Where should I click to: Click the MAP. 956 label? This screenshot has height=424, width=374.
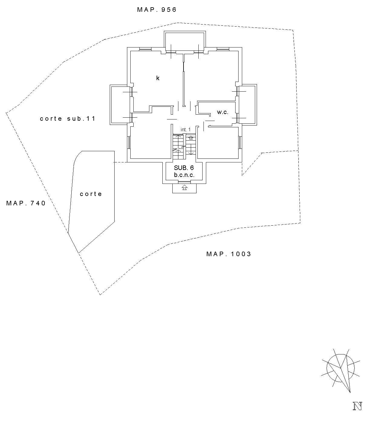click(157, 10)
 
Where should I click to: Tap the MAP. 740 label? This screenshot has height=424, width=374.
click(26, 203)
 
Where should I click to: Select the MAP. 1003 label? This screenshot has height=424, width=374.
click(229, 254)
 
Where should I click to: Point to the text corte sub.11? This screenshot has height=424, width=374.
click(68, 119)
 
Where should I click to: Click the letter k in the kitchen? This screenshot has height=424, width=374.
click(158, 78)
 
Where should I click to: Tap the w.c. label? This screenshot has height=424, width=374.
click(223, 112)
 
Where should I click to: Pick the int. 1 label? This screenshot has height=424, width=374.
click(186, 130)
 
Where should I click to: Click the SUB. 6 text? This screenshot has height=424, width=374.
click(184, 168)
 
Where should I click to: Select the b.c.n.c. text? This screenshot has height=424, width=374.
click(184, 175)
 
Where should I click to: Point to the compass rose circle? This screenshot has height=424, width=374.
click(340, 368)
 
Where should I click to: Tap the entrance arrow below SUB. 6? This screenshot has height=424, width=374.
click(184, 187)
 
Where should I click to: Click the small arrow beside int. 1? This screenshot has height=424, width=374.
click(191, 138)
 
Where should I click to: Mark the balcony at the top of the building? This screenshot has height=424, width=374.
click(185, 41)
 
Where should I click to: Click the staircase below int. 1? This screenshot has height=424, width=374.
click(184, 146)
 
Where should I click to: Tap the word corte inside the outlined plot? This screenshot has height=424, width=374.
click(91, 194)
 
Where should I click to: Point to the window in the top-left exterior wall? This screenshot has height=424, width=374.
click(145, 49)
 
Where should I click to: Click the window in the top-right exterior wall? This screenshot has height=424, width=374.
click(223, 49)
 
